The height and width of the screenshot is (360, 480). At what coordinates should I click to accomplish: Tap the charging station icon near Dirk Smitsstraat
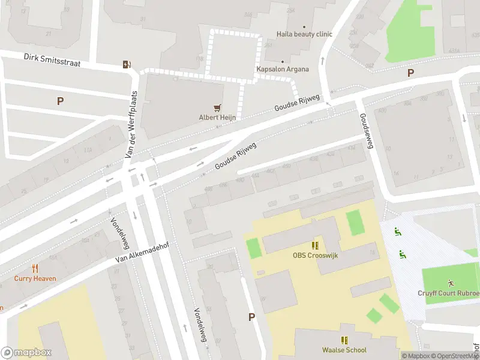tap(127, 65)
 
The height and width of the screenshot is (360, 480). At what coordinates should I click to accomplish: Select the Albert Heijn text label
tap(217, 118)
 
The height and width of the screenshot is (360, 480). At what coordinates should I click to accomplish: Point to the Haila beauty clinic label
tap(304, 34)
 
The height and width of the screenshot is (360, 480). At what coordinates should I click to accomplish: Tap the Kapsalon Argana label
tap(283, 69)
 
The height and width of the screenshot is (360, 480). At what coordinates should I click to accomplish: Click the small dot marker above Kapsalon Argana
tap(283, 61)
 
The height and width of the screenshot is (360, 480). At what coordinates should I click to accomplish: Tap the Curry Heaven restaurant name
tap(35, 278)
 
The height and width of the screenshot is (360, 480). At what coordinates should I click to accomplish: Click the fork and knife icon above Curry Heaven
tap(35, 268)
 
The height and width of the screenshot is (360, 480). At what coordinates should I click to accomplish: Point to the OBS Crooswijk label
tap(315, 256)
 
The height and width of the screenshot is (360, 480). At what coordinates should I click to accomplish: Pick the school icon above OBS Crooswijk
tap(315, 245)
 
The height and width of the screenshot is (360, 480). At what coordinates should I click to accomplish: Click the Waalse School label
tap(344, 350)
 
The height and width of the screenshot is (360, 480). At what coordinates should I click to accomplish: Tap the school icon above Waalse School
tap(344, 340)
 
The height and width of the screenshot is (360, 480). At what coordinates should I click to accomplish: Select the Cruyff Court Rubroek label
tap(449, 293)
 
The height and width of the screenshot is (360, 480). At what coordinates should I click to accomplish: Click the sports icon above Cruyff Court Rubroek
tap(450, 283)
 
